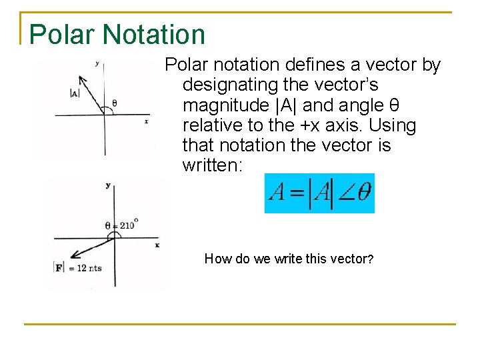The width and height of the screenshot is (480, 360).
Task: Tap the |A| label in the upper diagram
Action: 75,93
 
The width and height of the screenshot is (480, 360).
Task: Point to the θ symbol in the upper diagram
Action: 114,103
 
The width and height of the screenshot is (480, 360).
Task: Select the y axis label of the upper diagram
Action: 97,64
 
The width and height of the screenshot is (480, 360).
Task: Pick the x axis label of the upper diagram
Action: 145,121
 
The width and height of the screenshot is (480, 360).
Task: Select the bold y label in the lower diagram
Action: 107,185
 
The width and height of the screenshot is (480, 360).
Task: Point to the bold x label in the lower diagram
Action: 157,245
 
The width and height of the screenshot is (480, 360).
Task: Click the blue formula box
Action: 319,193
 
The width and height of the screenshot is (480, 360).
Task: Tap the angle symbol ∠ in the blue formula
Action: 345,194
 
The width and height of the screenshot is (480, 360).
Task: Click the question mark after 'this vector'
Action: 370,259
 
